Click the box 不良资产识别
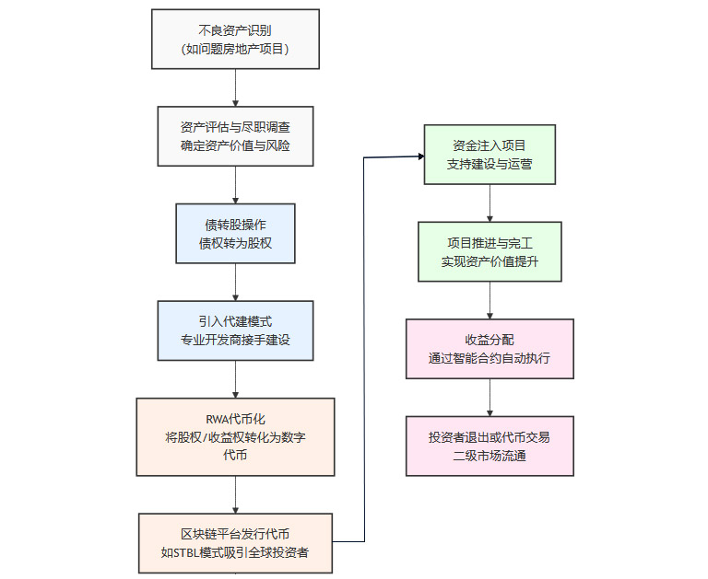[x=235, y=39]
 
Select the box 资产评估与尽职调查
[x=235, y=135]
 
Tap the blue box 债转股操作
[x=235, y=233]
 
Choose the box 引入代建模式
[x=235, y=330]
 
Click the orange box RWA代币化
[x=235, y=436]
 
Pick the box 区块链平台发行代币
[x=235, y=543]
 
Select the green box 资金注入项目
[x=490, y=155]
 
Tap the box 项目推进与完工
[x=490, y=251]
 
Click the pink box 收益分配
[x=490, y=349]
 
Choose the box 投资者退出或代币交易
[x=490, y=446]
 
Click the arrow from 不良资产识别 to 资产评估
[x=236, y=87]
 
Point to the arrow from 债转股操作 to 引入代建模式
[x=236, y=282]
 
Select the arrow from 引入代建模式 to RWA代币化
[x=236, y=378]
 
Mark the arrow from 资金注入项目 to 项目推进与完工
[x=490, y=203]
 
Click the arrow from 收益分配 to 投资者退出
[x=490, y=397]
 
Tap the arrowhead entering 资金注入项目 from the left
[x=419, y=156]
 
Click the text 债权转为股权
[x=235, y=243]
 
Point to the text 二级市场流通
[x=490, y=456]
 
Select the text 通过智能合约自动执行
[x=490, y=358]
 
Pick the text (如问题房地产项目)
[x=235, y=49]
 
